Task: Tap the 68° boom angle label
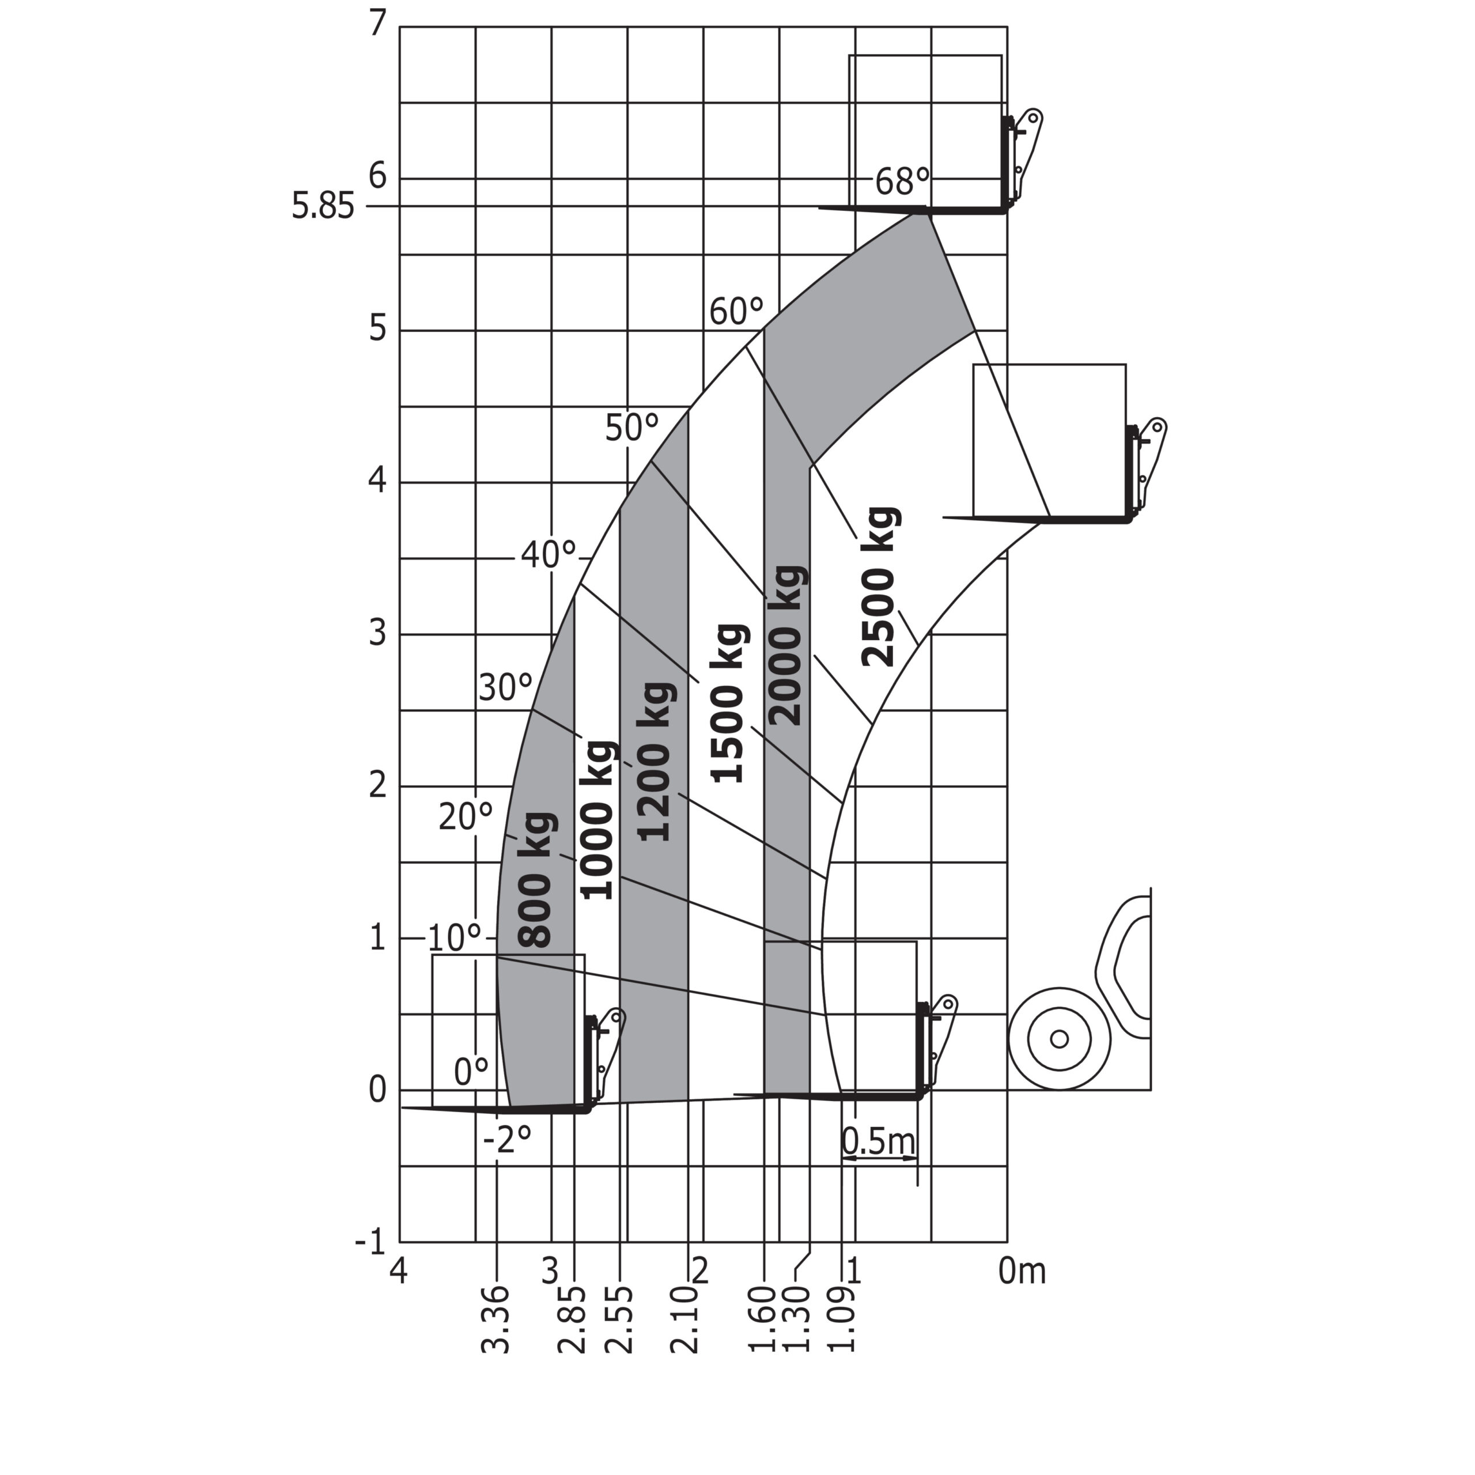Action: (902, 181)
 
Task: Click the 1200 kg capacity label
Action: (655, 762)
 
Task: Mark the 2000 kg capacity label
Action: (785, 646)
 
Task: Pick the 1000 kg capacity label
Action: (596, 820)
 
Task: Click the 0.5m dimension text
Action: (878, 1141)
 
